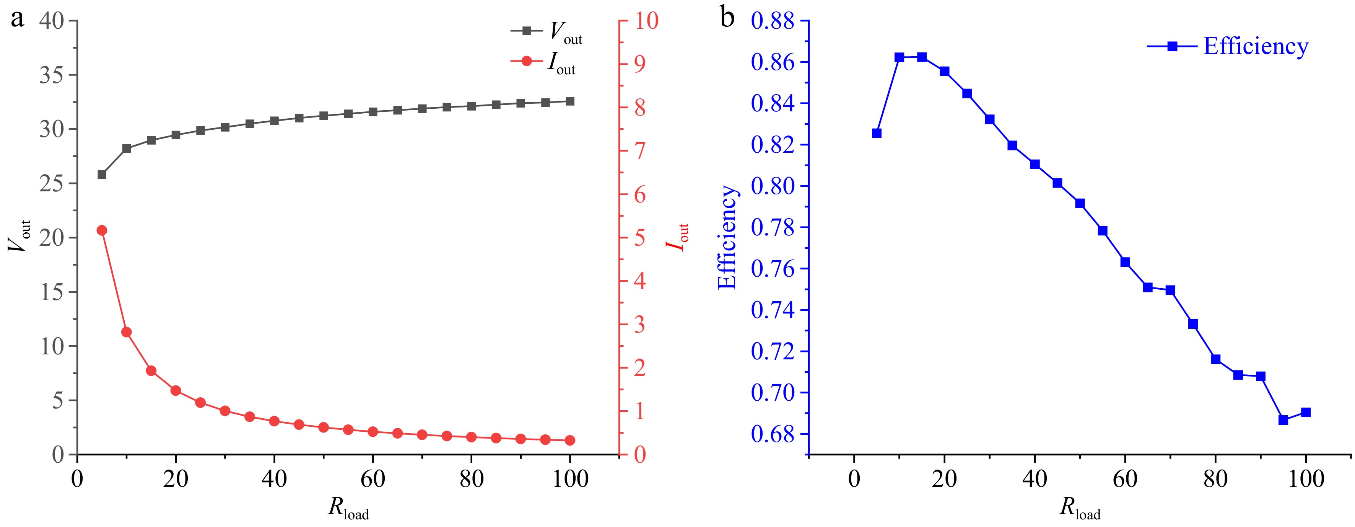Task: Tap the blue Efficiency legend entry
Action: (1229, 46)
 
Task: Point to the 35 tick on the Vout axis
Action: (52, 75)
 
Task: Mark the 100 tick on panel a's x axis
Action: (570, 479)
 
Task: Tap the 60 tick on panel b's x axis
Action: (1125, 479)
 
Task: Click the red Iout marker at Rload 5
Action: (102, 230)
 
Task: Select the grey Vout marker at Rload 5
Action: (102, 174)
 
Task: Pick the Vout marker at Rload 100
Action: (570, 101)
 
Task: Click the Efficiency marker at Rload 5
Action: (876, 133)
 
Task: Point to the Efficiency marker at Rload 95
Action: (1283, 419)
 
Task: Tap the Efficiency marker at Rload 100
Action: (1306, 412)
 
